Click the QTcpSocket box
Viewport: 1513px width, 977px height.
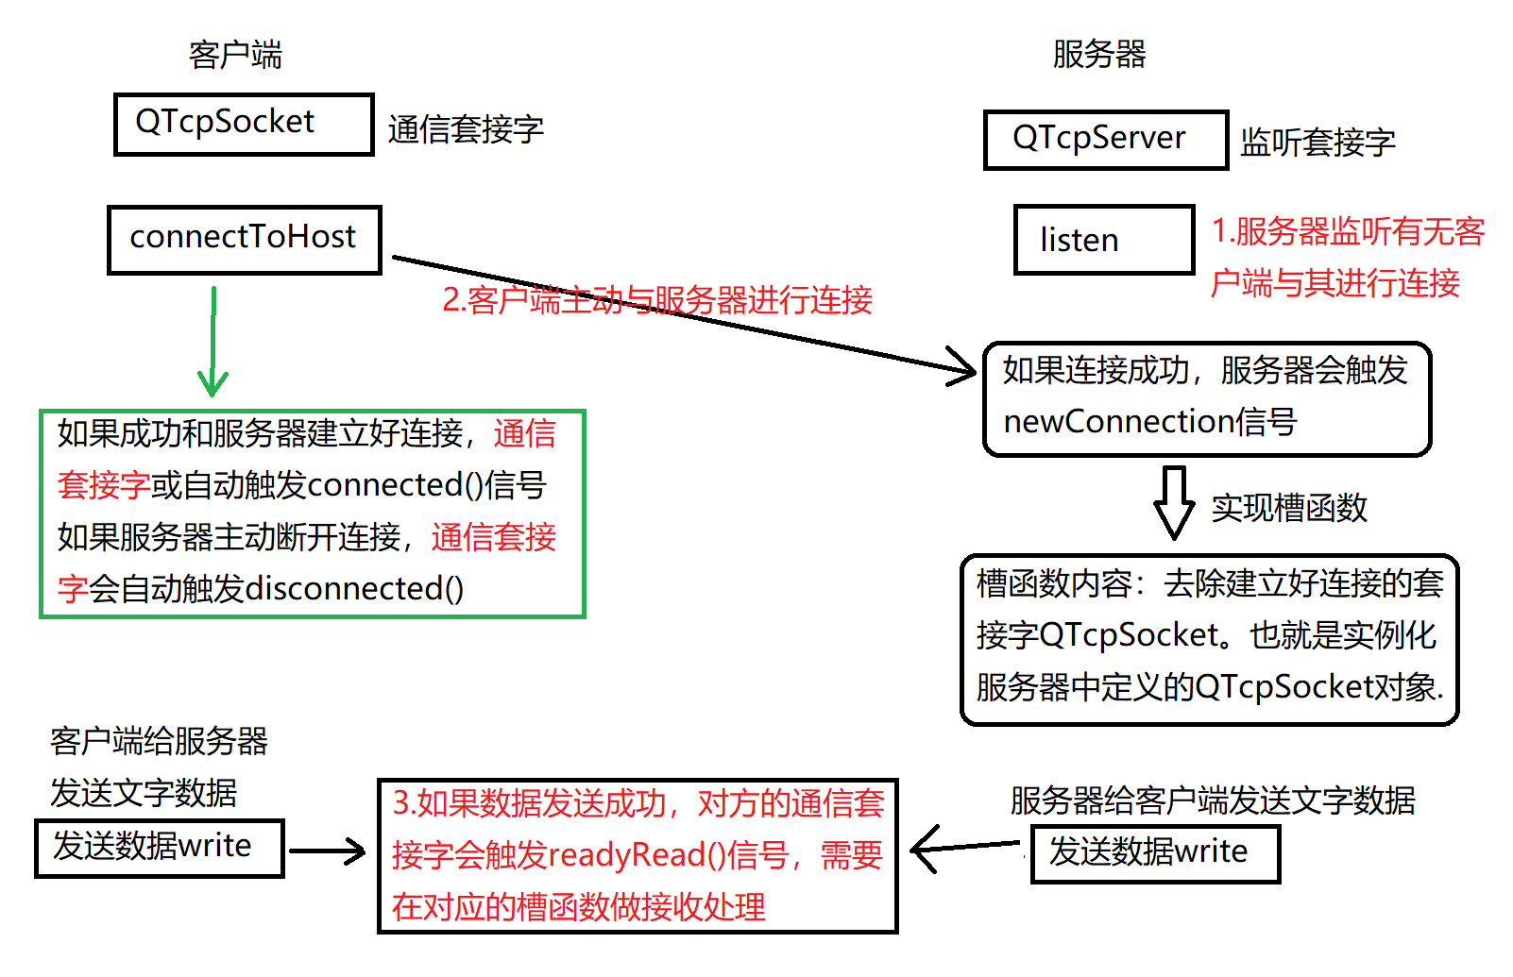click(x=244, y=124)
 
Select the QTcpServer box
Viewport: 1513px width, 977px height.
click(x=1105, y=140)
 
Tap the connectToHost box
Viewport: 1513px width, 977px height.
click(x=244, y=239)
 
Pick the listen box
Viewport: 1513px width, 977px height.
click(x=1103, y=240)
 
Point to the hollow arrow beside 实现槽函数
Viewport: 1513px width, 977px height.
click(x=1174, y=501)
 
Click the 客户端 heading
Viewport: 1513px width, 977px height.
click(x=235, y=55)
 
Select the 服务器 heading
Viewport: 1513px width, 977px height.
click(x=1098, y=54)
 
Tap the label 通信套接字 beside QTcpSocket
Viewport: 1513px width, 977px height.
click(x=466, y=129)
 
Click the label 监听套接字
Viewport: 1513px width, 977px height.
click(x=1317, y=143)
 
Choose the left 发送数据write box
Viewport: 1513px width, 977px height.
click(x=159, y=848)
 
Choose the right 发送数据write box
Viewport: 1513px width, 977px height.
click(x=1154, y=853)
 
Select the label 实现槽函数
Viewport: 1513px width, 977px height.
click(x=1289, y=508)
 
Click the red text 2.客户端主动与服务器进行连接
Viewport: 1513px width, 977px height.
click(x=657, y=300)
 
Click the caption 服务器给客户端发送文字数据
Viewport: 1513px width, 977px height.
click(x=1212, y=800)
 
